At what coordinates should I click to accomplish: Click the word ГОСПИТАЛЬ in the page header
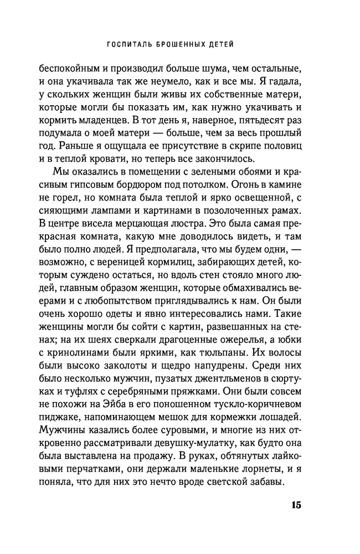[128, 44]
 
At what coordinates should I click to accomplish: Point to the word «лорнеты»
[244, 465]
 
